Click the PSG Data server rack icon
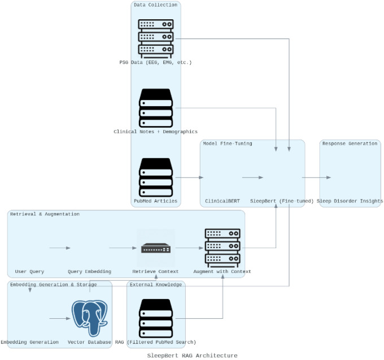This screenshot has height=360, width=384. (x=156, y=39)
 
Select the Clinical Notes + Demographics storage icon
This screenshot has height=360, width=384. (x=156, y=108)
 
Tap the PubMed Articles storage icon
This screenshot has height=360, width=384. (x=156, y=177)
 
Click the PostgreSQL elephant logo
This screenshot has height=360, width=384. (x=90, y=318)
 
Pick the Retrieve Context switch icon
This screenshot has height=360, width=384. (x=156, y=248)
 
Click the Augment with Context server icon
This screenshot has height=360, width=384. (x=222, y=248)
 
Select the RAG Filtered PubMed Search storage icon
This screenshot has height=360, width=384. (x=156, y=318)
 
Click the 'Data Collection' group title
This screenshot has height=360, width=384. (x=155, y=5)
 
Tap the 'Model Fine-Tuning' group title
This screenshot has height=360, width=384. (x=228, y=144)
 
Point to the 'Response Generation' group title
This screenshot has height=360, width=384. (x=350, y=144)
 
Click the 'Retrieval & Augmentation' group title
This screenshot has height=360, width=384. (x=45, y=214)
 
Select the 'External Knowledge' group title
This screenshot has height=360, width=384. (x=156, y=284)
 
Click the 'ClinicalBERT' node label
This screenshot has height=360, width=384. (x=222, y=201)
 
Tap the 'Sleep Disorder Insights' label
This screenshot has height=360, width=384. (x=350, y=201)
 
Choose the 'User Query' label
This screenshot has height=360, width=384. (x=29, y=271)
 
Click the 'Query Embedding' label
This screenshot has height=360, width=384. (x=89, y=271)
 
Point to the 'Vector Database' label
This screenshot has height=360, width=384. (x=89, y=342)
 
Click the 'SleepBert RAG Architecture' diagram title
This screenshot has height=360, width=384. (x=192, y=355)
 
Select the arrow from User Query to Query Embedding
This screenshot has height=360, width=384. (x=60, y=248)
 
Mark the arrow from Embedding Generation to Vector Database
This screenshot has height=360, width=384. (x=60, y=318)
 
